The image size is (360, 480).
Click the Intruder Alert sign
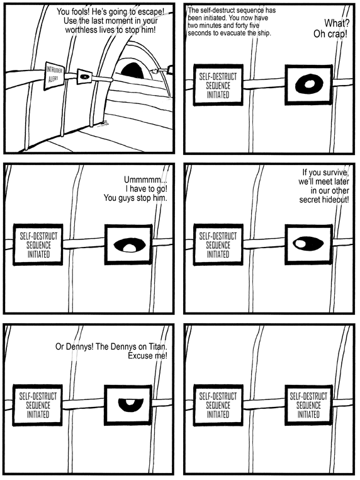[x=54, y=76]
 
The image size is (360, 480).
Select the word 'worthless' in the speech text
[x=80, y=30]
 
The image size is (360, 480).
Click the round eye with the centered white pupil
[x=309, y=84]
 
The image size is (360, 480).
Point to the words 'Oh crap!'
[x=330, y=33]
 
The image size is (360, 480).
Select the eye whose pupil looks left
[x=308, y=243]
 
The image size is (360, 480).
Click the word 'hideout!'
[x=335, y=200]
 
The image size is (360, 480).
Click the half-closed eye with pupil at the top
[x=131, y=404]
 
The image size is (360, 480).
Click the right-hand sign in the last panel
[x=308, y=405]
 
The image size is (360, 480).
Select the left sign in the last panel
[x=218, y=405]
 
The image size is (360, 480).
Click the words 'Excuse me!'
[x=147, y=356]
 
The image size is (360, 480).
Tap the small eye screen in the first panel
[x=84, y=76]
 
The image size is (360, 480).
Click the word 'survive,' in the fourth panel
[x=335, y=173]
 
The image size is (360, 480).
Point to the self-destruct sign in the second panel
[x=218, y=86]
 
